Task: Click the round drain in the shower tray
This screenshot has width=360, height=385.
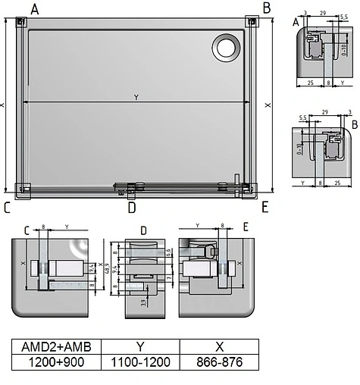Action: (226, 48)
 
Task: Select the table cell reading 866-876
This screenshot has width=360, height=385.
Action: (219, 362)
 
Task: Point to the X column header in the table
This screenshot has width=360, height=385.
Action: (219, 346)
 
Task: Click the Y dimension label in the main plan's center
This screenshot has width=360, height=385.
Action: (136, 97)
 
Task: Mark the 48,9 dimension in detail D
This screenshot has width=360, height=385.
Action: (108, 267)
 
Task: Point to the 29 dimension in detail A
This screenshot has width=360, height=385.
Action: (323, 14)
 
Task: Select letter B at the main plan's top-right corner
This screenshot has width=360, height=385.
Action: (266, 8)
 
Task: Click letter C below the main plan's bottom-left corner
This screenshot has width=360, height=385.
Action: (7, 207)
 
